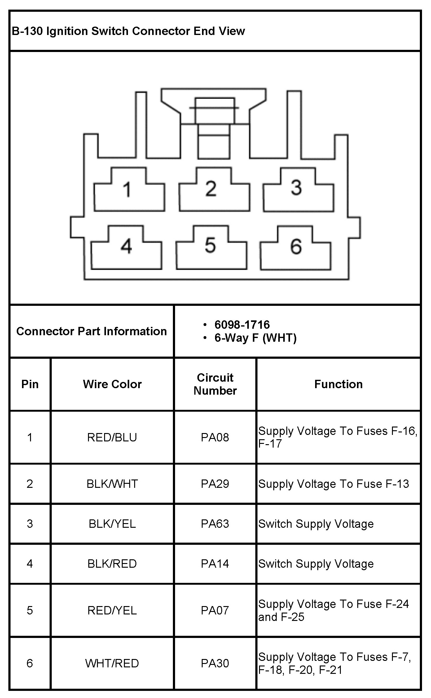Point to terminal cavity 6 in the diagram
tap(295, 249)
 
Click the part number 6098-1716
tap(242, 324)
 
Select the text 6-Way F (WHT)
tap(255, 338)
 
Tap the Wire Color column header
tap(112, 384)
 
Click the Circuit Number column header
tap(215, 384)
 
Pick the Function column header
tap(338, 384)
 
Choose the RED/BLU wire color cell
tap(112, 437)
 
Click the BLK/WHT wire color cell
tap(112, 483)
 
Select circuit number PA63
tap(215, 523)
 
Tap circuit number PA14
tap(215, 563)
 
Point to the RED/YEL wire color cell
tap(112, 610)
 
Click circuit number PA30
tap(215, 663)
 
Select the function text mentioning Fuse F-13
tap(334, 483)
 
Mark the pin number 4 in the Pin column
tap(30, 563)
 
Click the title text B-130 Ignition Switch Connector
tap(128, 31)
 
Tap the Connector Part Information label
tap(91, 331)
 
